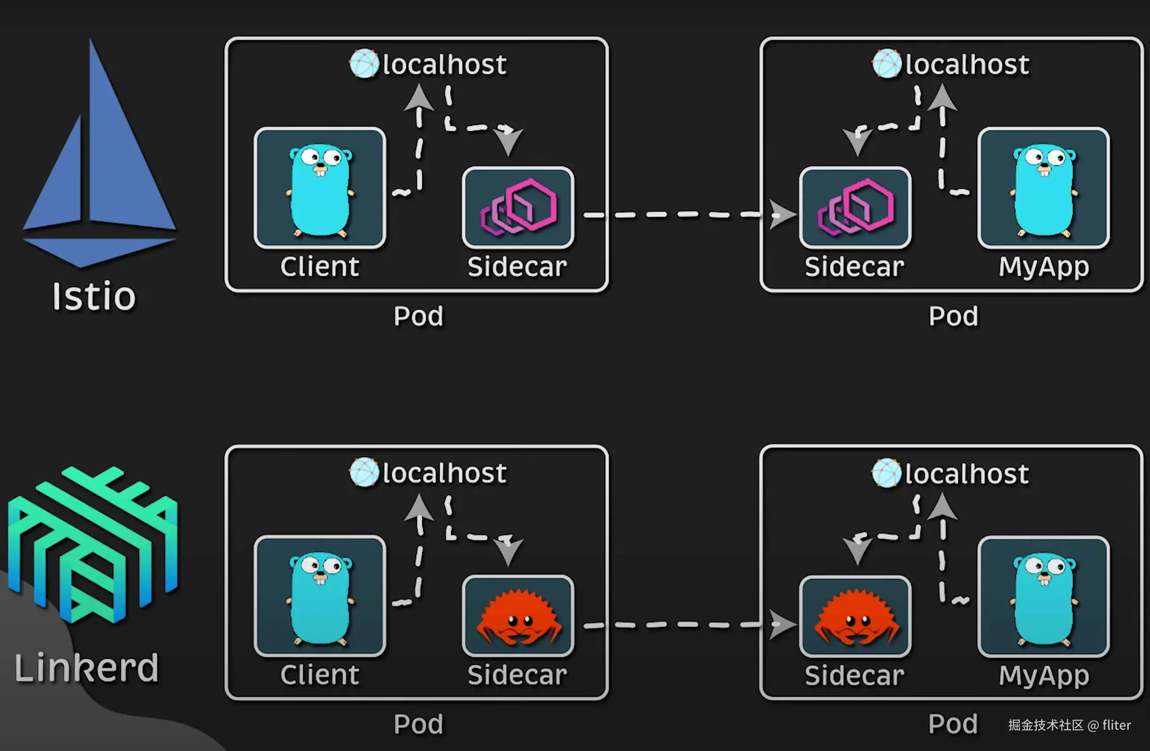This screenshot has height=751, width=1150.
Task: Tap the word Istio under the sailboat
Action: click(94, 297)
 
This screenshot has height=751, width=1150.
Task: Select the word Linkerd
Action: click(87, 668)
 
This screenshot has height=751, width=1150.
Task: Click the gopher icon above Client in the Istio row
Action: click(320, 189)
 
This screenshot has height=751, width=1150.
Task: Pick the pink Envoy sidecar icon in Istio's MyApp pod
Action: click(855, 207)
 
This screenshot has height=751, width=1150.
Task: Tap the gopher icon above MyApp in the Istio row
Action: click(1044, 189)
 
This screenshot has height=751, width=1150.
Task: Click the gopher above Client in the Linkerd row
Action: click(320, 598)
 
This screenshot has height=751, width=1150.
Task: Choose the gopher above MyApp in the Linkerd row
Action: click(1044, 598)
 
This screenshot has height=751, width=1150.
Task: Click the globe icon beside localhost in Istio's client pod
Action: click(364, 64)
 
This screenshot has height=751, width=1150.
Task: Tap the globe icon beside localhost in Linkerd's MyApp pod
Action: click(886, 473)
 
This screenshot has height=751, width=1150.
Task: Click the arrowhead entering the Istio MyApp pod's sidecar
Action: click(782, 215)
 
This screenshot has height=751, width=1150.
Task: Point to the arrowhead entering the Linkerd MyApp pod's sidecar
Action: click(782, 624)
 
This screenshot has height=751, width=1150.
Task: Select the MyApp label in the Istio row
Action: click(1044, 267)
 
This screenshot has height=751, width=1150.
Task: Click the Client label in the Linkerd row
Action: click(320, 675)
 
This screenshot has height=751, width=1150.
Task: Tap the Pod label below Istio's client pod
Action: click(419, 316)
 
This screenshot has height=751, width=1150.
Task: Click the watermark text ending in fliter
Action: click(1069, 725)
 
